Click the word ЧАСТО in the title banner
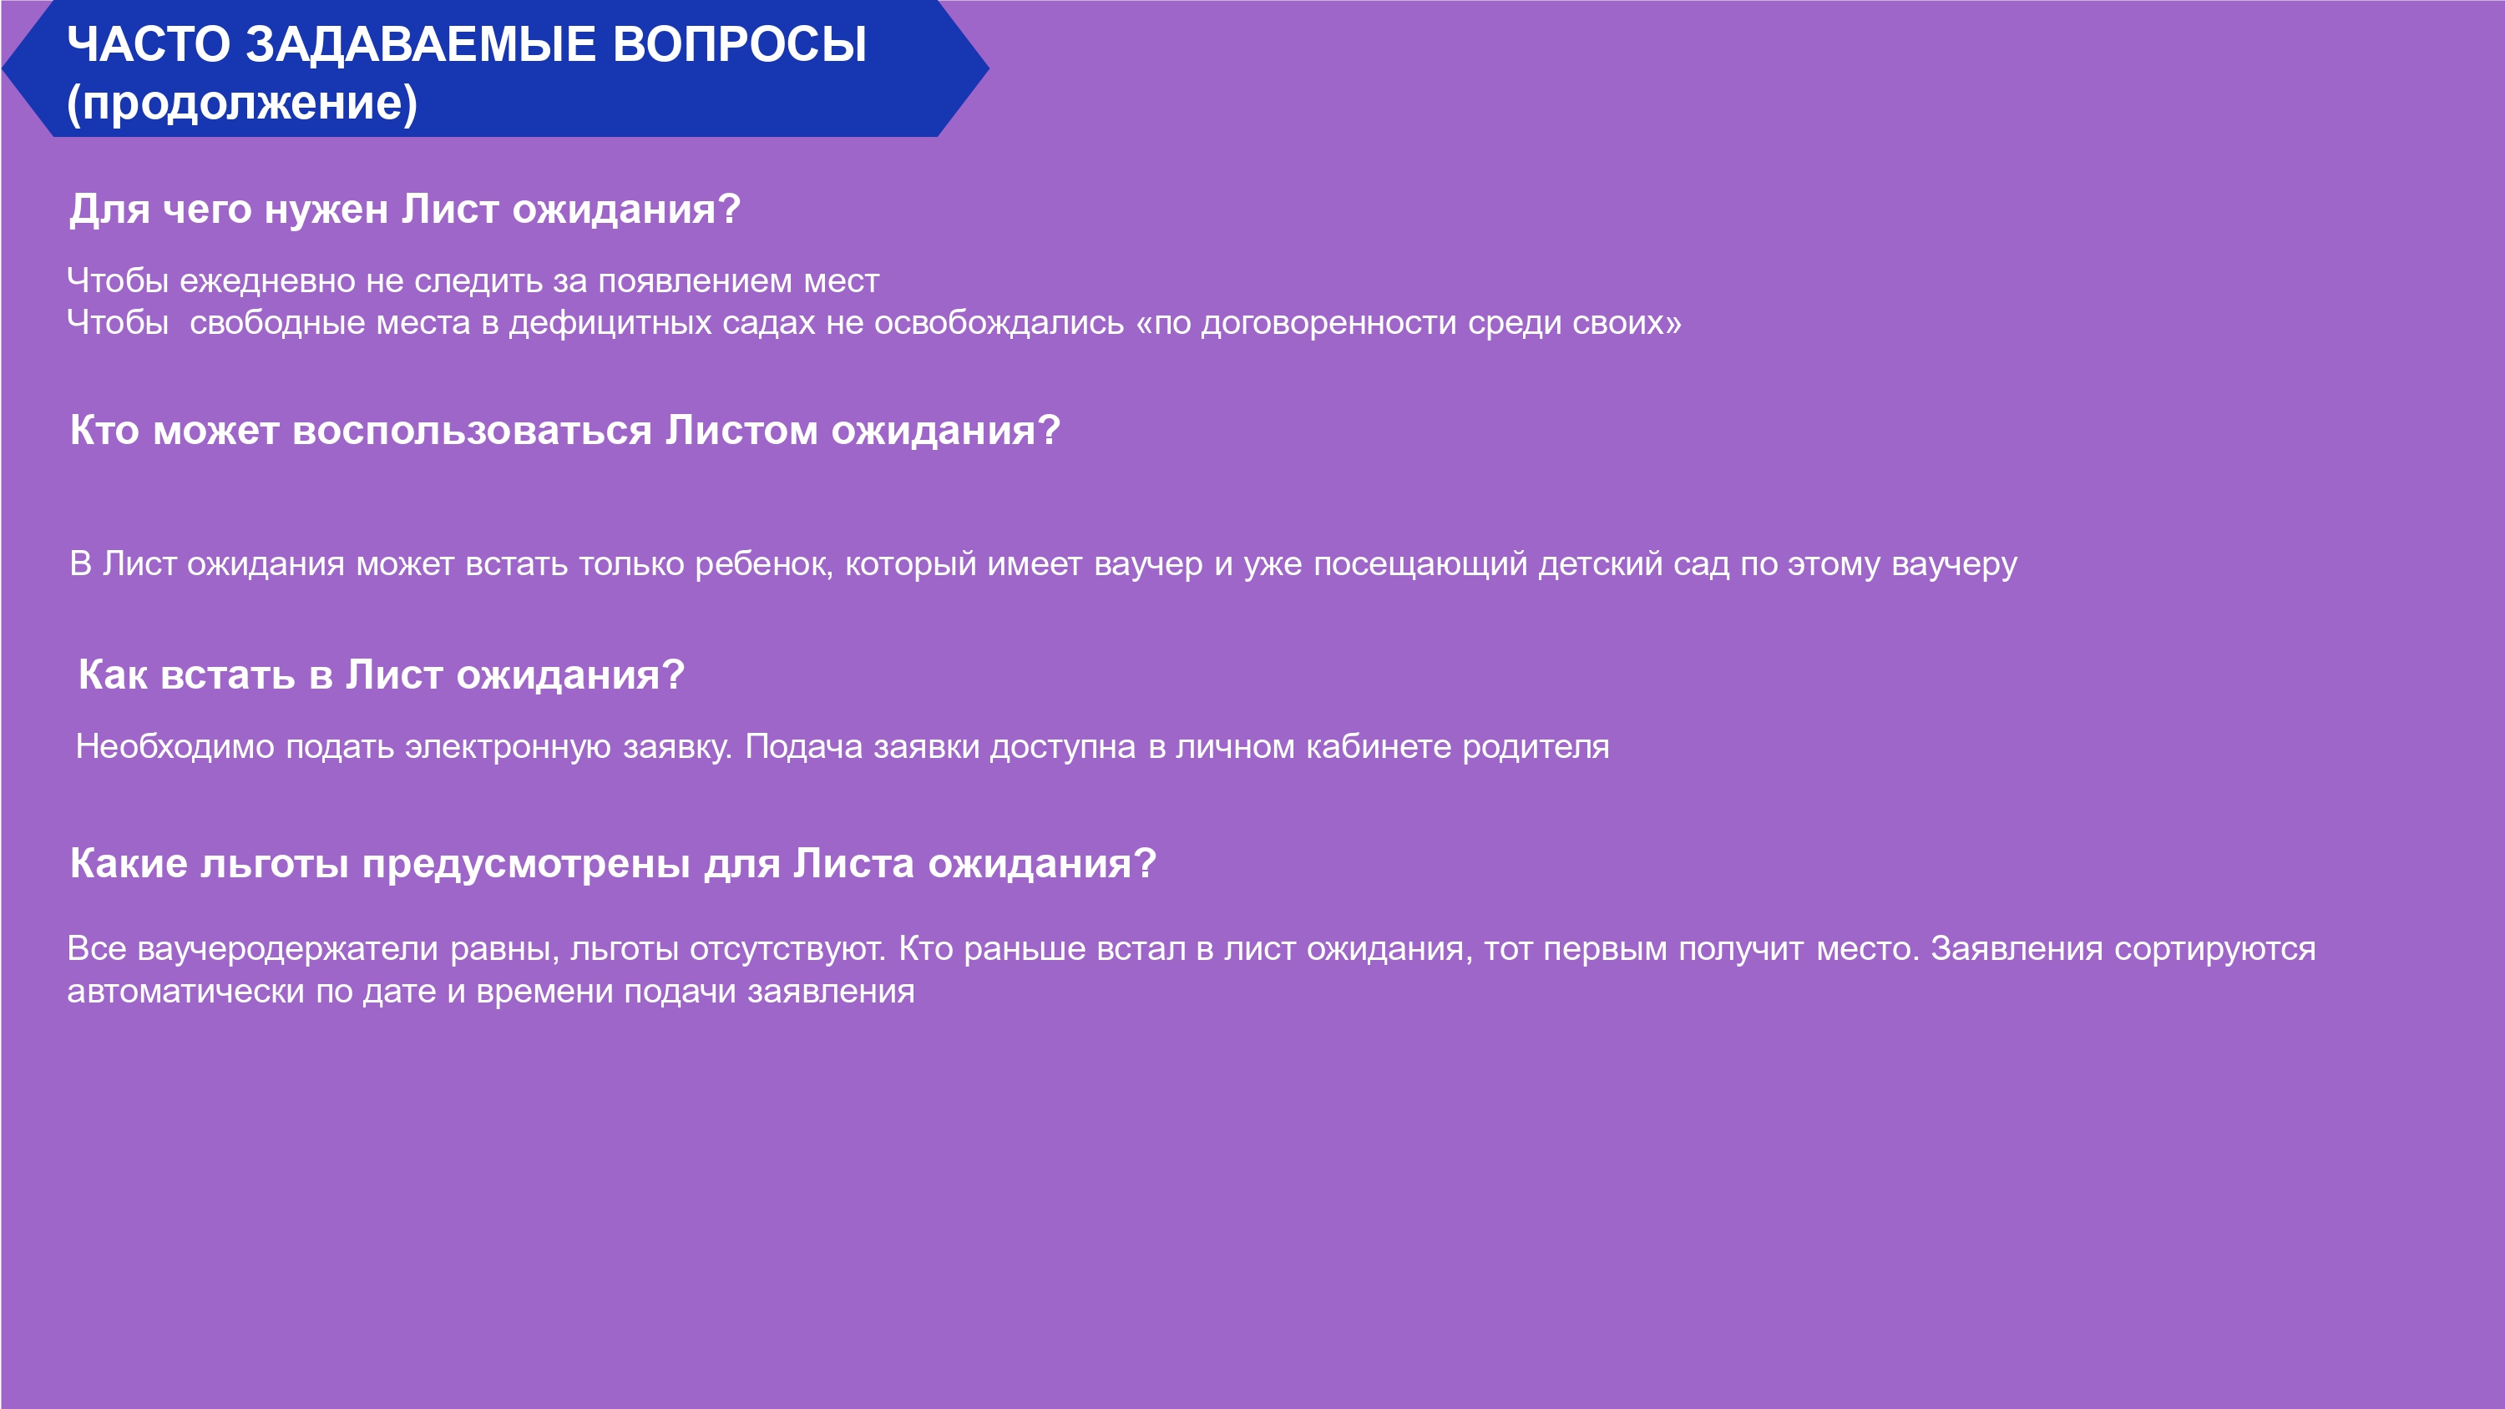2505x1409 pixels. tap(149, 45)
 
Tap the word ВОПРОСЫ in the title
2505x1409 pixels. tap(740, 45)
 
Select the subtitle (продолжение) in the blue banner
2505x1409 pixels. tap(242, 103)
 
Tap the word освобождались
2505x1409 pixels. tap(999, 322)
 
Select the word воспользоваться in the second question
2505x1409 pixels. tap(472, 431)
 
